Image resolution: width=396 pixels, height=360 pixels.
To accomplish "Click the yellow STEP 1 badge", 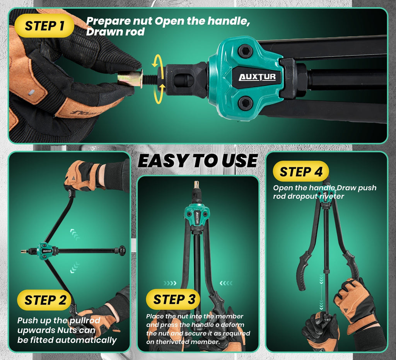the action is coord(44,26).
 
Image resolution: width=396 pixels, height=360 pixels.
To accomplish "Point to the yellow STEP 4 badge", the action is coord(301,171).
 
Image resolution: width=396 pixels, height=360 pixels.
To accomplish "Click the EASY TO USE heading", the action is coord(198,160).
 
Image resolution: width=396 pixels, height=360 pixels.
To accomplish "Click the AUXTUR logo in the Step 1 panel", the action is coord(257,77).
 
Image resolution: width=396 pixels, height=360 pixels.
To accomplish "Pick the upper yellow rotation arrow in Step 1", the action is coord(157,61).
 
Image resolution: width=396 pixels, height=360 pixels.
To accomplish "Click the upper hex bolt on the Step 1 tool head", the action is coord(245,51).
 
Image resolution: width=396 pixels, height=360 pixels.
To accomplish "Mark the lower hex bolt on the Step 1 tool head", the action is coord(245,103).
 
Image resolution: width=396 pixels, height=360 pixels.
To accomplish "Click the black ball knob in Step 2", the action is coord(122,251).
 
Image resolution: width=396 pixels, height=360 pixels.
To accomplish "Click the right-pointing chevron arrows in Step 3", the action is coord(170,283).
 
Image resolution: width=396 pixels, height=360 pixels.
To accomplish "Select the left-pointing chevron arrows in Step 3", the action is coord(226,283).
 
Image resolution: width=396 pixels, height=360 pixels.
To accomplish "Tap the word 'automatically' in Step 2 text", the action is coord(86,340).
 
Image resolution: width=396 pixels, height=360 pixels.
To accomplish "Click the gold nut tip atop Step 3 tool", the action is coord(196,184).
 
